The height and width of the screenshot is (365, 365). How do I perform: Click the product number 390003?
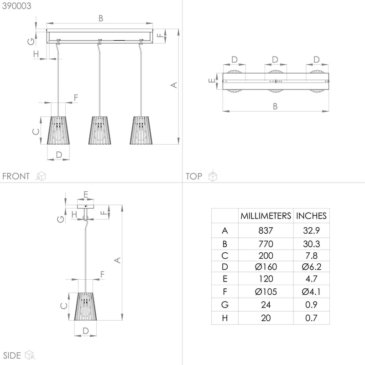[13, 5]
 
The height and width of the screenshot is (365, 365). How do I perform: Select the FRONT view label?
[16, 176]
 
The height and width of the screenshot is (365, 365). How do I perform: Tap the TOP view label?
[194, 176]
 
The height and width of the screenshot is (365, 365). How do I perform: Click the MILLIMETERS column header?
[266, 216]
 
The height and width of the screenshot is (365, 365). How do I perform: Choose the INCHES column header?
[311, 216]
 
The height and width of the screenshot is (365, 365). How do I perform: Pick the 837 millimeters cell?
[266, 231]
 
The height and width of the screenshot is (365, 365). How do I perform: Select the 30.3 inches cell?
[311, 244]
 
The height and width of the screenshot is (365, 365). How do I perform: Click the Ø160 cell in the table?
[266, 266]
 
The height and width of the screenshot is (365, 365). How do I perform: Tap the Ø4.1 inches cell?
[311, 291]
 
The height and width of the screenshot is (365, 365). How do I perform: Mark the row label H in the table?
[224, 318]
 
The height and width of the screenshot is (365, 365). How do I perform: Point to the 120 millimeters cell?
[266, 279]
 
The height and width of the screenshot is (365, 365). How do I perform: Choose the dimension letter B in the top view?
[275, 106]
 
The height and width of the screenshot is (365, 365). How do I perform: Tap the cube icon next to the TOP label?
[213, 176]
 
